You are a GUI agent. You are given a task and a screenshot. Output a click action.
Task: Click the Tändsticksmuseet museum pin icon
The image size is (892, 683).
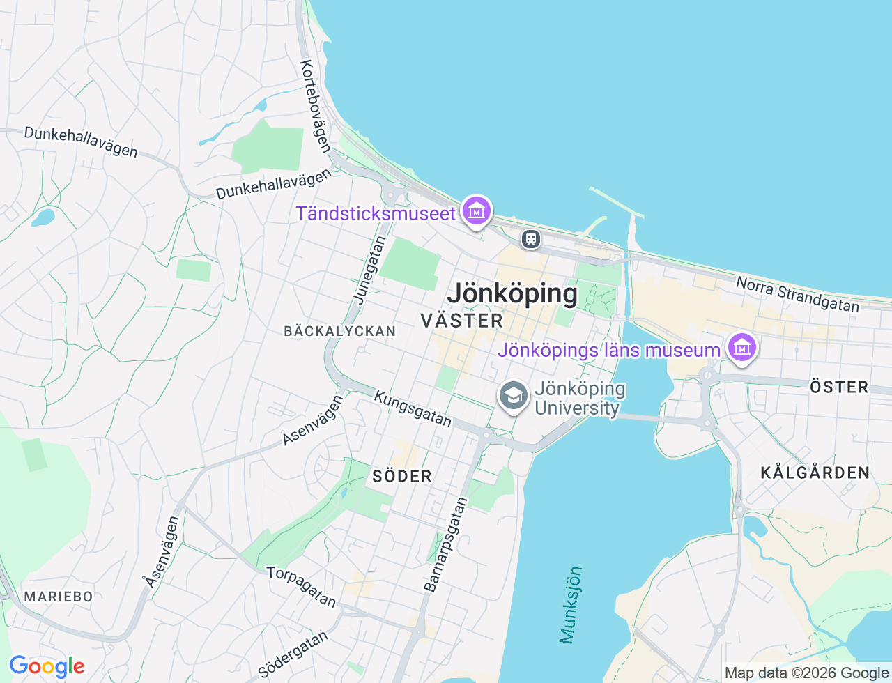[476, 210]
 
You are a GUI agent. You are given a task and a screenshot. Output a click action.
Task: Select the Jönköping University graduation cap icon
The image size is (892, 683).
[514, 396]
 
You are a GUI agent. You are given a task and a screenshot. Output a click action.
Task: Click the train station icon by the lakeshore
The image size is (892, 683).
[531, 239]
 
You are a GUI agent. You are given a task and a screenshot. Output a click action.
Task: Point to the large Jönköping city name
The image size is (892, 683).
[512, 293]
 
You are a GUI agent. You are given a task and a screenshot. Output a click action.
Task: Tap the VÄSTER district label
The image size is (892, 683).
[462, 321]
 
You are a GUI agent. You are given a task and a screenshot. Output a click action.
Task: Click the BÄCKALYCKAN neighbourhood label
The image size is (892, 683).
[340, 331]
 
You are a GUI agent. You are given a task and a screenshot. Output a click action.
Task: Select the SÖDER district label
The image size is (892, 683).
[402, 477]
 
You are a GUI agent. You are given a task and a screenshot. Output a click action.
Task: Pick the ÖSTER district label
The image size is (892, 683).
[839, 387]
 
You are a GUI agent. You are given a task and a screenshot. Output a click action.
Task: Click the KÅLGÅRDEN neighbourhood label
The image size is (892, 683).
[815, 473]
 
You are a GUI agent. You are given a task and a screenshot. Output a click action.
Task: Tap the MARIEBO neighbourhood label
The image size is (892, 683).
[59, 597]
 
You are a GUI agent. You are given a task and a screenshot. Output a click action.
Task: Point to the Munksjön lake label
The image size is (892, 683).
[571, 605]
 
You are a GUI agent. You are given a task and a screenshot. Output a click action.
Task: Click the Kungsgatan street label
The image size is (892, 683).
[413, 408]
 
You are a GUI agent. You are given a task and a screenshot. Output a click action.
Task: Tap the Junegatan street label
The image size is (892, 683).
[370, 270]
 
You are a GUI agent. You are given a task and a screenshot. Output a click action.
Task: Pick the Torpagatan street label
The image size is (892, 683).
[302, 587]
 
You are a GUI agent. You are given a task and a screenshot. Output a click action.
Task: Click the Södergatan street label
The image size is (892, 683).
[293, 654]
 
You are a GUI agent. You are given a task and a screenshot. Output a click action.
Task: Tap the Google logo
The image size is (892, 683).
[47, 667]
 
